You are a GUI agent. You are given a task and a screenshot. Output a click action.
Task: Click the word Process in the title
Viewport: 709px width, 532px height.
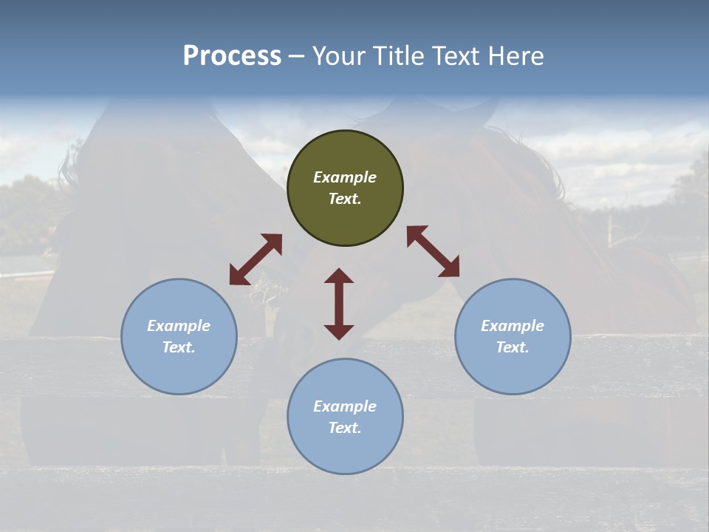(232, 56)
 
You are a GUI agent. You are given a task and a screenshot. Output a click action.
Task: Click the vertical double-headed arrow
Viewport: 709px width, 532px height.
(339, 304)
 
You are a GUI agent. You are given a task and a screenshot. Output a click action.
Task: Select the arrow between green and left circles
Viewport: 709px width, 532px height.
(256, 259)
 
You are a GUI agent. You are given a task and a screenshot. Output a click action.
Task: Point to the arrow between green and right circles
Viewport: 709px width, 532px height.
(433, 251)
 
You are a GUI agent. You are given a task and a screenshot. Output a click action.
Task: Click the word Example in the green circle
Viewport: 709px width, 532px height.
(345, 177)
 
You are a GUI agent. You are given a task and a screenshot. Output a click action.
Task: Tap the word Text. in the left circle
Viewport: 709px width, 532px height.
(179, 347)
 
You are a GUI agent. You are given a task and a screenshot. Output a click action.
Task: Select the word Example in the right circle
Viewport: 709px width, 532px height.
(513, 326)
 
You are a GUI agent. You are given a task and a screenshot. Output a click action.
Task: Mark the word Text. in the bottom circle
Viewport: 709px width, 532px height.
(345, 428)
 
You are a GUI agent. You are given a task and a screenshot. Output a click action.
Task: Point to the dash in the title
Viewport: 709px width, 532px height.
(296, 56)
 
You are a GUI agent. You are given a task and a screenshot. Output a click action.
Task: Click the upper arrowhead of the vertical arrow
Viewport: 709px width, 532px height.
(339, 276)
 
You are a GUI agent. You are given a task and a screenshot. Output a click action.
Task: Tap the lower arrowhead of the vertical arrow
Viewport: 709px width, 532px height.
(339, 332)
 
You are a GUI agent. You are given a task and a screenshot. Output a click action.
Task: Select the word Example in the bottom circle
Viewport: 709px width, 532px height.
(345, 406)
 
